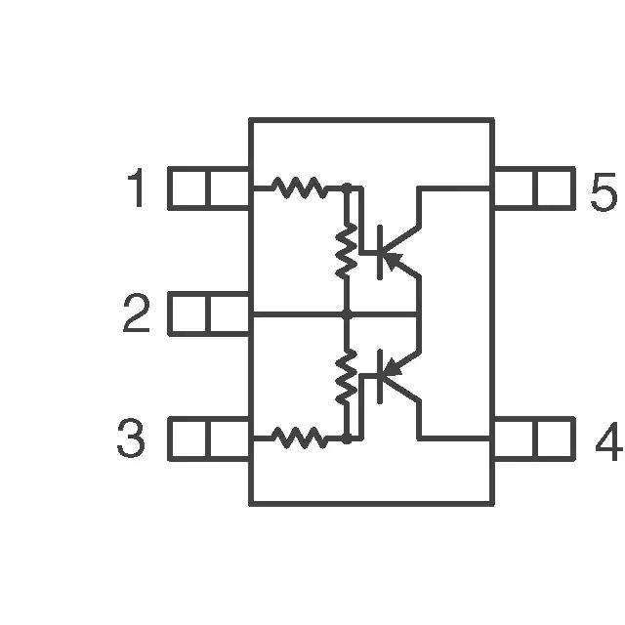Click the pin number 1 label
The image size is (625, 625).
[x=138, y=187]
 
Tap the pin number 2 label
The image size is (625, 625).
[x=137, y=312]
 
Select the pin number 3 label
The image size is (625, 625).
[x=131, y=437]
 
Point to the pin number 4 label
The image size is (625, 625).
[x=608, y=441]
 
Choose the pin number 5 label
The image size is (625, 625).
[x=604, y=192]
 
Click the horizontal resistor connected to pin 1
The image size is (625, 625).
[x=299, y=187]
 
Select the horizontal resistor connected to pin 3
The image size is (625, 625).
[x=299, y=437]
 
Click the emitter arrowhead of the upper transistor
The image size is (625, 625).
[x=393, y=260]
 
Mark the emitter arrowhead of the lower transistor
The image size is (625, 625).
[x=393, y=367]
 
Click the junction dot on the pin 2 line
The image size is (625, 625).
[x=348, y=314]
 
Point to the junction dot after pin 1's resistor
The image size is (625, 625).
[x=348, y=187]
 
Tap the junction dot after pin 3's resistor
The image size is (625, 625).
[x=348, y=439]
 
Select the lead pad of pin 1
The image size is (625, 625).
[x=209, y=188]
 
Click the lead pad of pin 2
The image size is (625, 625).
[x=209, y=313]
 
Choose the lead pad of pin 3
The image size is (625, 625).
[x=209, y=438]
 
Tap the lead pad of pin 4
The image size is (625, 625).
[x=534, y=438]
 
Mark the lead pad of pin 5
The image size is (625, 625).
[x=534, y=188]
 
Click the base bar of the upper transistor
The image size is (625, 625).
[x=380, y=252]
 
